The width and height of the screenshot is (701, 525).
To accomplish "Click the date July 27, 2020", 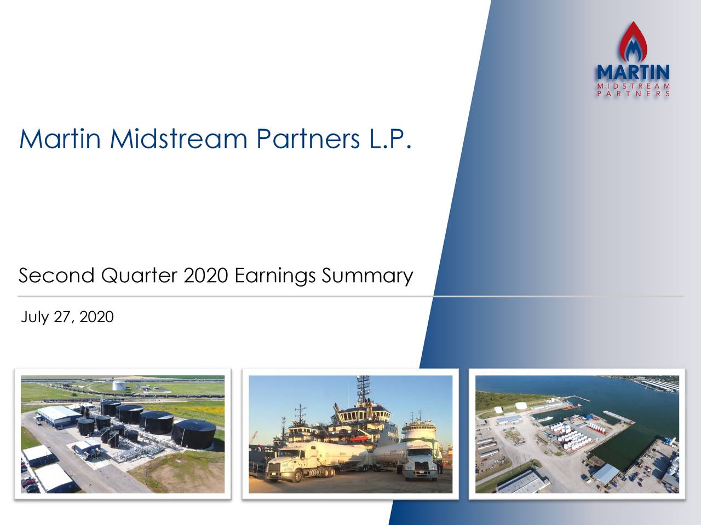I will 67,317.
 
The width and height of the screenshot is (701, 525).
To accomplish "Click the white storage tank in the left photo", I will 119,385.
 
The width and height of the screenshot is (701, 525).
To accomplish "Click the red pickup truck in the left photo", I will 27,482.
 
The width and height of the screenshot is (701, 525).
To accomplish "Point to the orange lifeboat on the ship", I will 358,438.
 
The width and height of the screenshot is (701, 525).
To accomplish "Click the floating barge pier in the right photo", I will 617,416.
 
